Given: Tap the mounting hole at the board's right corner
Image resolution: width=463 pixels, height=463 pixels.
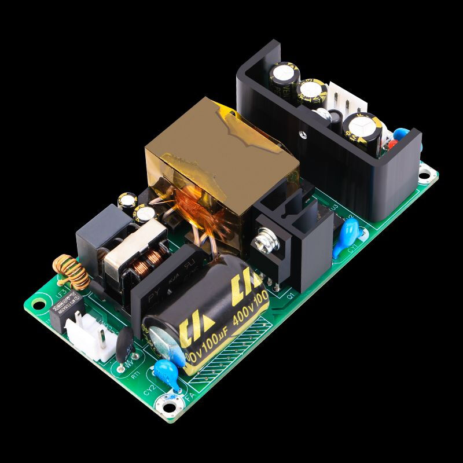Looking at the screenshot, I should [x=427, y=172].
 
